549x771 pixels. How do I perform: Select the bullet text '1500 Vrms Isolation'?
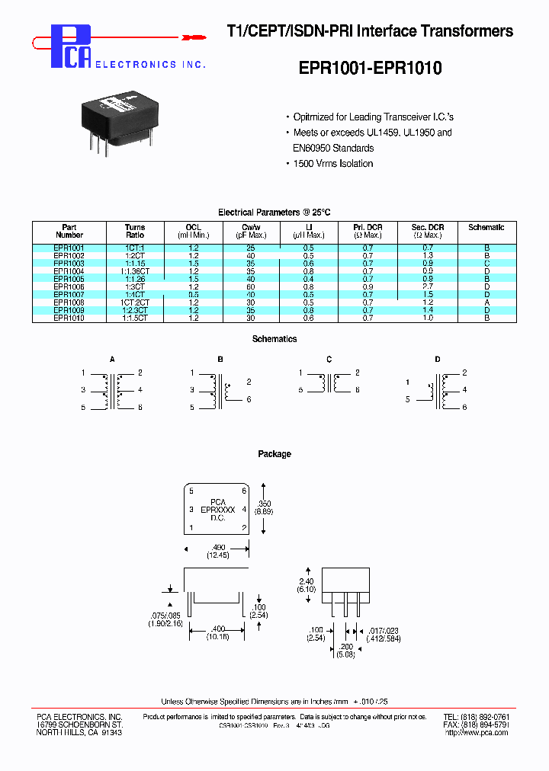[x=333, y=164]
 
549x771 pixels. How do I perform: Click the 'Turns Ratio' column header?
[x=135, y=231]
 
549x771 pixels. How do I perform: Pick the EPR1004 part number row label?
[x=69, y=271]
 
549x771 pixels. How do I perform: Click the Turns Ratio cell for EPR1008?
[x=135, y=302]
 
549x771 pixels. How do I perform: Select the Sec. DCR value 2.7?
[x=428, y=286]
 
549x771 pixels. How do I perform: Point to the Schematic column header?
[x=486, y=227]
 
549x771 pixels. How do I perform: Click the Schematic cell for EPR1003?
[x=486, y=264]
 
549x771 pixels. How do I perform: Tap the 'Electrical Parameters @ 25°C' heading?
[x=274, y=213]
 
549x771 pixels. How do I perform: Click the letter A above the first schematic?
[x=113, y=358]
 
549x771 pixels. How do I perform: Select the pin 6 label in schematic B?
[x=249, y=400]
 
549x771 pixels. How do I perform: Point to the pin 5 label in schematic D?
[x=408, y=399]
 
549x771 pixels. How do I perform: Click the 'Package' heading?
[x=274, y=454]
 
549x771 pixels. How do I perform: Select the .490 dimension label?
[x=217, y=549]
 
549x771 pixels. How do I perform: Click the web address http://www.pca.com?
[x=476, y=732]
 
